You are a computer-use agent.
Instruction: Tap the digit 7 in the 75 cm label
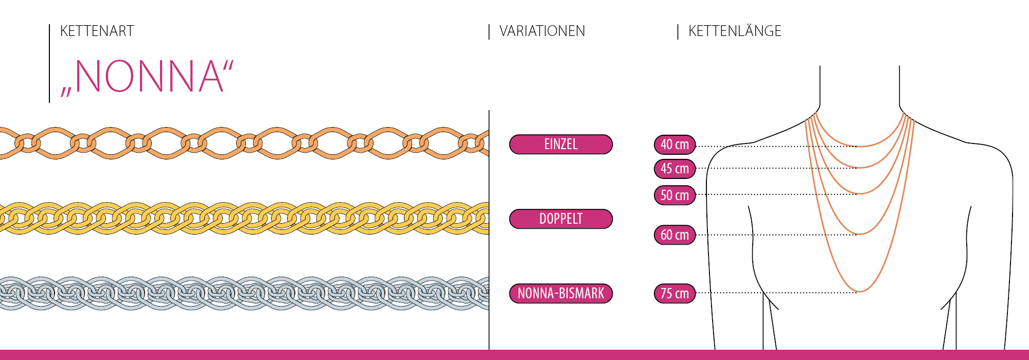(x=664, y=294)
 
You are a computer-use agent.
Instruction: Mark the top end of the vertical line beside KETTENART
(x=49, y=24)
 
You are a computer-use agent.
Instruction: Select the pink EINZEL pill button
(x=561, y=145)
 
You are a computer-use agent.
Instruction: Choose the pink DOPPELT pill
(x=561, y=219)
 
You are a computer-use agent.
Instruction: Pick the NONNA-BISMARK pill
(x=561, y=294)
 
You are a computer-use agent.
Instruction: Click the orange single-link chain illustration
(x=244, y=143)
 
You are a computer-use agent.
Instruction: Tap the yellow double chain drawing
(x=244, y=219)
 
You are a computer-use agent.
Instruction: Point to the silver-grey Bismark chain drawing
(x=244, y=293)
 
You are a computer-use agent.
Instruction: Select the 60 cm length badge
(x=675, y=235)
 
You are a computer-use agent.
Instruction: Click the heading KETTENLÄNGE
(x=735, y=31)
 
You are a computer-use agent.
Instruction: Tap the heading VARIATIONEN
(x=542, y=31)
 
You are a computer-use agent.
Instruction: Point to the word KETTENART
(x=97, y=31)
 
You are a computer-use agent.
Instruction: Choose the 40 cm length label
(x=675, y=145)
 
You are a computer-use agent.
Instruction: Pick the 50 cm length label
(x=675, y=195)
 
